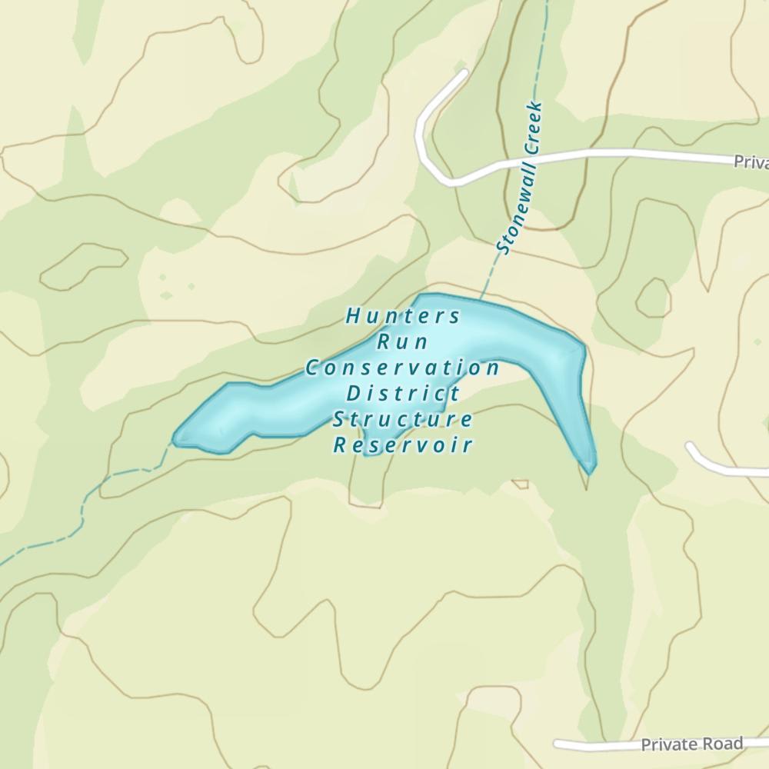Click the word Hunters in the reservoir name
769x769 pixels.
point(403,316)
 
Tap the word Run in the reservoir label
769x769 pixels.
point(402,342)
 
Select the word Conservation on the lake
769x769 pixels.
point(402,368)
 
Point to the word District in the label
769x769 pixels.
point(403,394)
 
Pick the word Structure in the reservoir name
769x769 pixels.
point(402,420)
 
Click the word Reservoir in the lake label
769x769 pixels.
point(402,445)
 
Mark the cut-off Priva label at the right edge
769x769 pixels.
point(751,161)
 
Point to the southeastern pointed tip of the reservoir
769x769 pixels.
point(591,470)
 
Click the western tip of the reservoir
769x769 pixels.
point(176,440)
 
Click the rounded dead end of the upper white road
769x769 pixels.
point(463,75)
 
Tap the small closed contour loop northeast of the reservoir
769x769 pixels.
point(653,298)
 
